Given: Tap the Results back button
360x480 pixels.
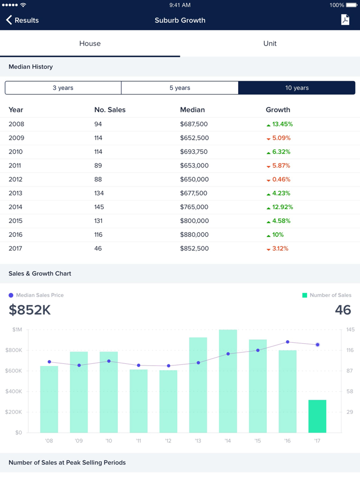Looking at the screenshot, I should [x=23, y=20].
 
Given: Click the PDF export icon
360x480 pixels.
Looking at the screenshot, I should [x=345, y=20].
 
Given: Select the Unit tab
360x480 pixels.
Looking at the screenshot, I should [x=270, y=44].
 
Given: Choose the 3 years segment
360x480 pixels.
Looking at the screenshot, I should [x=63, y=88].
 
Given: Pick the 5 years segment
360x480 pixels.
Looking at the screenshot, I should [x=180, y=88].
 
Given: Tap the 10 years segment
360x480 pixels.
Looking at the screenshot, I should [x=297, y=88].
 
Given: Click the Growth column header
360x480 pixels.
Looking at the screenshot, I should [x=278, y=109].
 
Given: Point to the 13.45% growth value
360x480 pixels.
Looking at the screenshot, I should [x=282, y=124].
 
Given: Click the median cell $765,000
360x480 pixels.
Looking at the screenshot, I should [x=194, y=207].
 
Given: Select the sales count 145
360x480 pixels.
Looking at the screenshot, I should [x=99, y=207].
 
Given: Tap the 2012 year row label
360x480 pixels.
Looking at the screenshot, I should [x=16, y=179].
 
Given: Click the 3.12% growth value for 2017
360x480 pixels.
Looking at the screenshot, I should [x=280, y=249].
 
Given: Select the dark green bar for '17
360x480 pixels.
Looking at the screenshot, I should [x=317, y=416].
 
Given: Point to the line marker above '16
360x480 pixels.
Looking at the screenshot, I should [x=287, y=342].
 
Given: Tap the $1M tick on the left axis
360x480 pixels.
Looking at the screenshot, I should [x=17, y=329].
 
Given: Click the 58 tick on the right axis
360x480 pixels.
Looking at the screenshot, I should [x=350, y=392].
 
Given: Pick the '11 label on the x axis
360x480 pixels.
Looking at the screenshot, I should [x=138, y=441].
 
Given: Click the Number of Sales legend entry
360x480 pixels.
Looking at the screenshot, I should [x=330, y=296].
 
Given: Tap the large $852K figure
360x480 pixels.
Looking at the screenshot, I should [x=30, y=310].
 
